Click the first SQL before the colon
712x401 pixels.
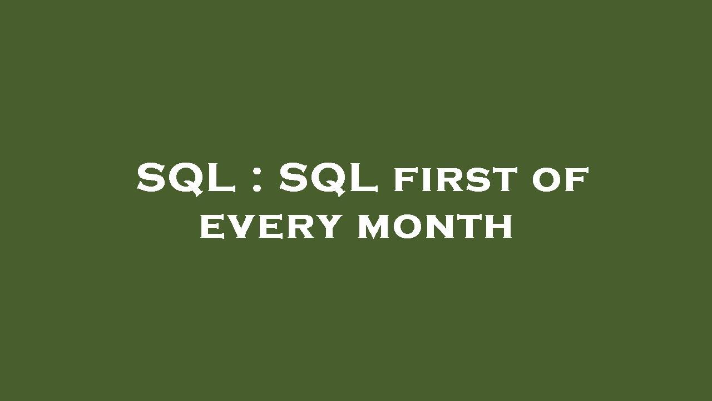186,178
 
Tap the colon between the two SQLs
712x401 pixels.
256,178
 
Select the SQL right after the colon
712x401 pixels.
328,178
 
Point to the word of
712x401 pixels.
560,180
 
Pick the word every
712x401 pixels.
270,227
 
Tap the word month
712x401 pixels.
434,227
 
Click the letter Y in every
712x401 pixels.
325,227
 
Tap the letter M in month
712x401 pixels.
375,227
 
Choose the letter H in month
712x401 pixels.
498,227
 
